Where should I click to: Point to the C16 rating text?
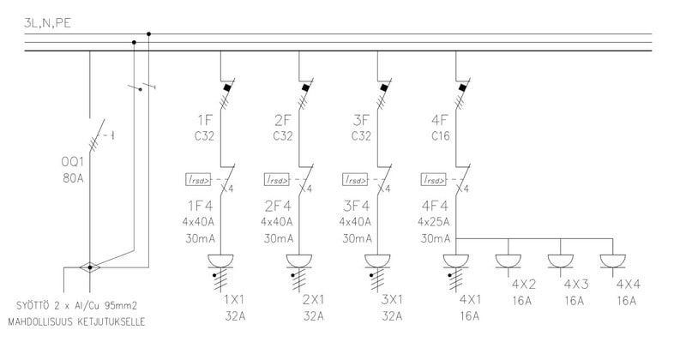click(x=441, y=135)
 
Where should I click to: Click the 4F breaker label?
click(x=441, y=118)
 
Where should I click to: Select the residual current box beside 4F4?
click(x=434, y=179)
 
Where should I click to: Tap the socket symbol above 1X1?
click(x=220, y=261)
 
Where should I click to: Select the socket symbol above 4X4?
click(x=612, y=261)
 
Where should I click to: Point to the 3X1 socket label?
click(x=391, y=301)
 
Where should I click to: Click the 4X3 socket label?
click(x=575, y=284)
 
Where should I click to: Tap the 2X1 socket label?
click(x=312, y=301)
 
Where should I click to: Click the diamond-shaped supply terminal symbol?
click(x=89, y=267)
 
